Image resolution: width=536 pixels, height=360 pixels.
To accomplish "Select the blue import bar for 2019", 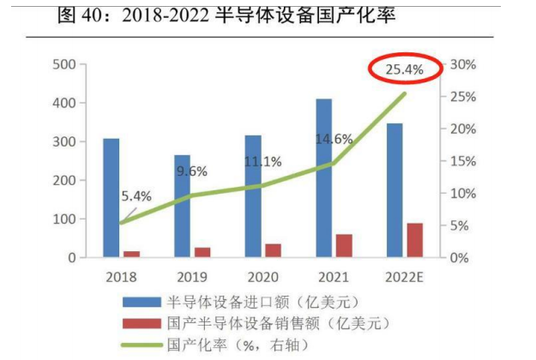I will [182, 206].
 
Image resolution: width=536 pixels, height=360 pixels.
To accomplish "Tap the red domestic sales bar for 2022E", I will [414, 240].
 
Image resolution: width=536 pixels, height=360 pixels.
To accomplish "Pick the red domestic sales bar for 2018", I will [131, 254].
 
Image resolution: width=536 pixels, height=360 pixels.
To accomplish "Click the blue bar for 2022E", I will [394, 190].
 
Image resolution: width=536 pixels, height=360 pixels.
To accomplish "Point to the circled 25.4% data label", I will [403, 69].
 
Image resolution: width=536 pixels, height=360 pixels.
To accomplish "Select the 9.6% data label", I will [192, 171].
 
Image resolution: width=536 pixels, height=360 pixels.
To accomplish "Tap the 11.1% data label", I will [262, 161].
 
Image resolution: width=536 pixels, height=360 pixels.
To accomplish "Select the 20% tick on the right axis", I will [463, 129].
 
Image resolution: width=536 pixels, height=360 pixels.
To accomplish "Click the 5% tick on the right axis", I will [460, 226].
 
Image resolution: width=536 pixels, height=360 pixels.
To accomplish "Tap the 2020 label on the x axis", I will [262, 277].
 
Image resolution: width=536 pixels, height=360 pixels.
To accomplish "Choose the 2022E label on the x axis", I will [404, 277].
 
